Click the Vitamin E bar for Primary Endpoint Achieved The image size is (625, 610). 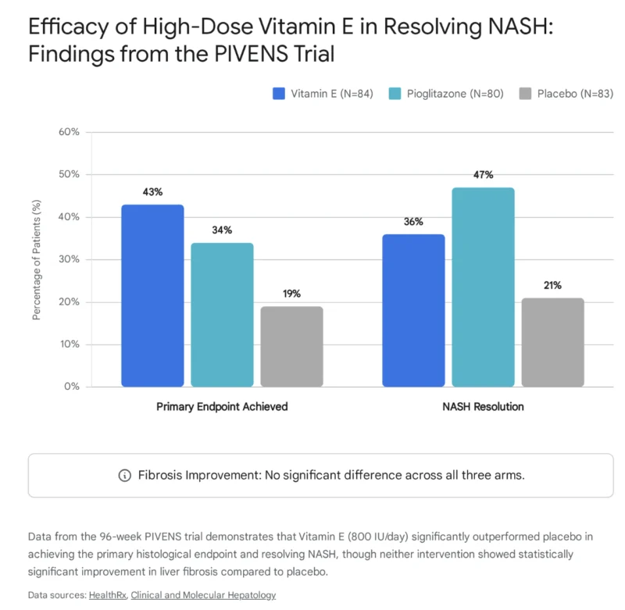152,296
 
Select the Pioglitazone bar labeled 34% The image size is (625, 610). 222,315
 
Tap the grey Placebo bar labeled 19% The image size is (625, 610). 291,347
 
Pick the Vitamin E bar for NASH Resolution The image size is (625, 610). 413,310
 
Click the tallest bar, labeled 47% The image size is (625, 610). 483,287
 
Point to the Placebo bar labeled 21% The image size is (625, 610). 553,342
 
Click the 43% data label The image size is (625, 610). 152,192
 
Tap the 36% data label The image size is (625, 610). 413,222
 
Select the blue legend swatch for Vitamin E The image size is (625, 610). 279,94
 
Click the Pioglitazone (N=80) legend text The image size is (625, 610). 455,94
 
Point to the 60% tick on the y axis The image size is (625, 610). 69,132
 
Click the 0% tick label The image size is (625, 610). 72,387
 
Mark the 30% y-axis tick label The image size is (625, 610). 69,259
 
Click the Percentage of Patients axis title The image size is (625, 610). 36,260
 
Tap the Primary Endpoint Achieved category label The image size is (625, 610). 222,407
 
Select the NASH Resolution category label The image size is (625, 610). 483,407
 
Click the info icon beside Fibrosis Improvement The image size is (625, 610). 125,476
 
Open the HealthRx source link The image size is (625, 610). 108,595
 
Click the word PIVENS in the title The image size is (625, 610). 251,54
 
